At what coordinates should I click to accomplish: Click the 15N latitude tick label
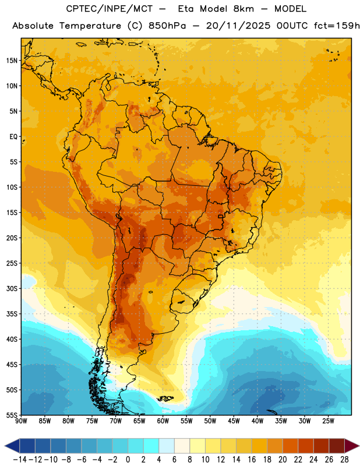point(12,61)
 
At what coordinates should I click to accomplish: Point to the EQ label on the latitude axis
point(13,137)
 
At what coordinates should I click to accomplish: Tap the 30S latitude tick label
point(12,288)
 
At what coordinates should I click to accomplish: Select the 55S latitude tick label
point(12,415)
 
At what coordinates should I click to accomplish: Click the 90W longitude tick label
point(21,421)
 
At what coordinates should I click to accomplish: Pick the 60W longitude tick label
point(163,421)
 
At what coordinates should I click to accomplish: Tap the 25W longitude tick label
point(328,421)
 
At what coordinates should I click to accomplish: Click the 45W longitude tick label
point(234,421)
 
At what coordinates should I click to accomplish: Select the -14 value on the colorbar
point(20,460)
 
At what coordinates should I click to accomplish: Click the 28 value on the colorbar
point(344,460)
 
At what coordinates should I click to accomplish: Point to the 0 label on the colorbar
point(128,460)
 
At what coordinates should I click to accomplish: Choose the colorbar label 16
point(252,460)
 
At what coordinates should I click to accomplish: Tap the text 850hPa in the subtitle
point(167,26)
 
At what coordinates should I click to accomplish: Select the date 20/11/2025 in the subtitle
point(238,26)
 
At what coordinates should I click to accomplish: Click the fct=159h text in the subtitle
point(337,26)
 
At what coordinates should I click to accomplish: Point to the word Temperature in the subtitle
point(90,26)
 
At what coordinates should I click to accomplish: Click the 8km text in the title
point(243,9)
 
